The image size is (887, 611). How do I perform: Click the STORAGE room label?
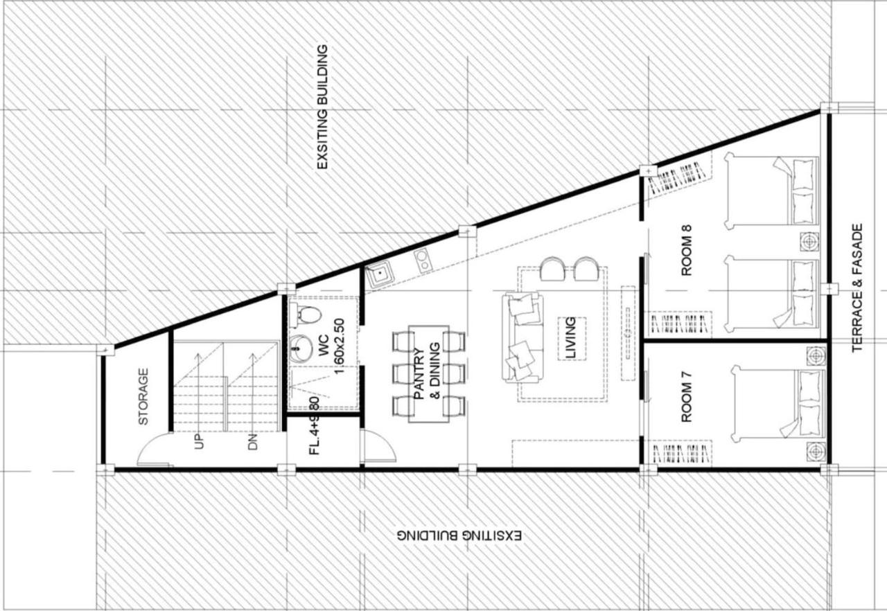tap(143, 396)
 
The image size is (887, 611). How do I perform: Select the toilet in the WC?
tap(306, 315)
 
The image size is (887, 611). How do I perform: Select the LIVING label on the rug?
tap(570, 337)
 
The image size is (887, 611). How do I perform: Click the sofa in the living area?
tap(522, 337)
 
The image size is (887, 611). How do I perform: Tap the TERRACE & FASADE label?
tap(857, 287)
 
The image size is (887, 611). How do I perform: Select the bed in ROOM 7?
tap(776, 405)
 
